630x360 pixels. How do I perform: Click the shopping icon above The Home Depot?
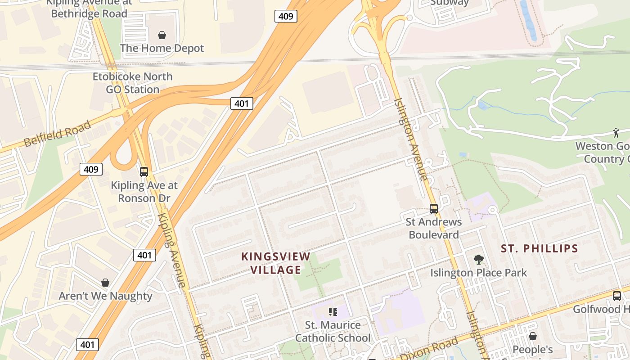coord(162,35)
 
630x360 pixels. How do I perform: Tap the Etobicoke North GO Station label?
coord(133,83)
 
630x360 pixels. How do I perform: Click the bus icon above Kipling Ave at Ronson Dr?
coord(144,171)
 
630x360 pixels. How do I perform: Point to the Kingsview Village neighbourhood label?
coord(276,263)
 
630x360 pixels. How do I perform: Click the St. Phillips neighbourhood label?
coord(540,248)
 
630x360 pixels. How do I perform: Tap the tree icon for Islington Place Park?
coord(478,259)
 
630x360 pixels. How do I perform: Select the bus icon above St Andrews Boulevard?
coord(434,208)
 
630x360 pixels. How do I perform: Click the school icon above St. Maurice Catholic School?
coord(333,311)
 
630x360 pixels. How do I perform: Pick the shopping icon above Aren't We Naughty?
coord(105,283)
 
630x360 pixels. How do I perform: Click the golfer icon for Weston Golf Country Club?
coord(616,132)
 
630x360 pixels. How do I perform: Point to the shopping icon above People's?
coord(533,336)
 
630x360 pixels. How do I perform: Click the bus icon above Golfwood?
coord(617,296)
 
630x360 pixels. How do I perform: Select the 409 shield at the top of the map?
coord(286,17)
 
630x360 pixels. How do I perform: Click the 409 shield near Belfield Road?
coord(91,169)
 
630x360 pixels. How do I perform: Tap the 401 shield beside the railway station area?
coord(242,103)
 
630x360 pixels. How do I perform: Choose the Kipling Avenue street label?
coord(171,250)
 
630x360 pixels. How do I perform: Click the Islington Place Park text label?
coord(478,273)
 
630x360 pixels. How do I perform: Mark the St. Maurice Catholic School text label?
coord(333,331)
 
